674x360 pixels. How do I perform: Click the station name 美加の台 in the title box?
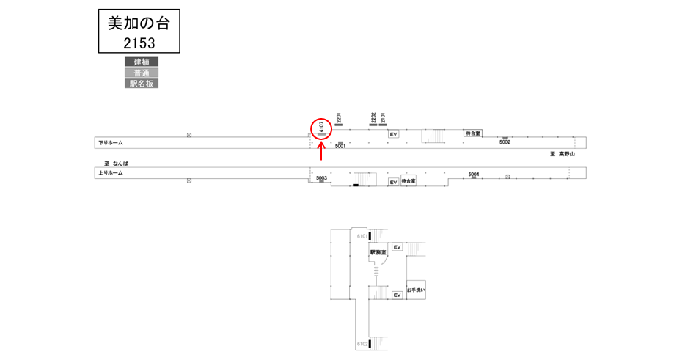click(139, 23)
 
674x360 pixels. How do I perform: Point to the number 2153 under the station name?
click(139, 43)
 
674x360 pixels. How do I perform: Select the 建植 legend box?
click(142, 62)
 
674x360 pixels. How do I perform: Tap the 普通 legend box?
click(142, 73)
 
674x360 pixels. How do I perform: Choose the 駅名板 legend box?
click(142, 84)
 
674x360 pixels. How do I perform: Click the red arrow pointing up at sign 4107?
click(321, 152)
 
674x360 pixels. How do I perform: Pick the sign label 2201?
click(339, 117)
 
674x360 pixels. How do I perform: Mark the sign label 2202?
click(373, 117)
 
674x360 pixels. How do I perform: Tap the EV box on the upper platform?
click(393, 134)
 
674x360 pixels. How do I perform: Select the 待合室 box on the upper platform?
click(473, 133)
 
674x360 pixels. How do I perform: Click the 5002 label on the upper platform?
click(505, 142)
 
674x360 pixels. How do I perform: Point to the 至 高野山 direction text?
click(563, 154)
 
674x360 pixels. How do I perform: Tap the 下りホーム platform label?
click(110, 142)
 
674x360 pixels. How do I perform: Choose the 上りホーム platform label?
click(110, 173)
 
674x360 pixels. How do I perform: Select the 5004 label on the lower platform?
click(474, 174)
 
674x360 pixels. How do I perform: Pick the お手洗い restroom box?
click(416, 290)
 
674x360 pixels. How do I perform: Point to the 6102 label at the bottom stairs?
click(362, 343)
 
